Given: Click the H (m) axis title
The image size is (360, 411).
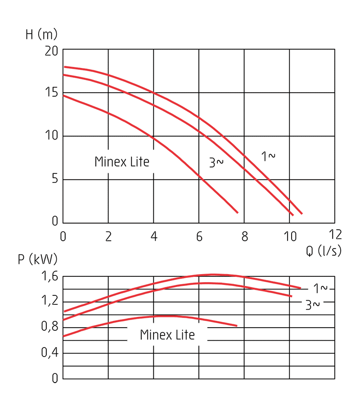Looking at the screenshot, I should pos(41,35).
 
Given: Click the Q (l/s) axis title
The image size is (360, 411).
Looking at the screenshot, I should pos(324,251).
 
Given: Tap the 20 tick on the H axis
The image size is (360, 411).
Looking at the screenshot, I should pos(51,51).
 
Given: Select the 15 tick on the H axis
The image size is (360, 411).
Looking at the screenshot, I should pos(51,93).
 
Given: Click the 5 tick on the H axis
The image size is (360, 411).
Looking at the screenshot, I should pos(55,180).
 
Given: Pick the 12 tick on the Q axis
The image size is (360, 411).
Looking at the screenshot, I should pos(335,235).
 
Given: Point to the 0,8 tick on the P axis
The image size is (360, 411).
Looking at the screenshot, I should pos(49,327).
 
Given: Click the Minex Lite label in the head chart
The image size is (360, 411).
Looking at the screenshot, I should pos(121,162).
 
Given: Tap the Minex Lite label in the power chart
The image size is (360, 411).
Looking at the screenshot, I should pos(167,335).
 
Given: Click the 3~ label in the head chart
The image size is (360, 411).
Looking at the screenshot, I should pos(216,163).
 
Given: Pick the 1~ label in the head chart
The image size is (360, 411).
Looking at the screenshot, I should pos(268,156).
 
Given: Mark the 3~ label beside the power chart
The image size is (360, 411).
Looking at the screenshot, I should pos(313,305).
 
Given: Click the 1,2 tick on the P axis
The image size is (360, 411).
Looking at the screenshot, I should pos(49,301).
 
